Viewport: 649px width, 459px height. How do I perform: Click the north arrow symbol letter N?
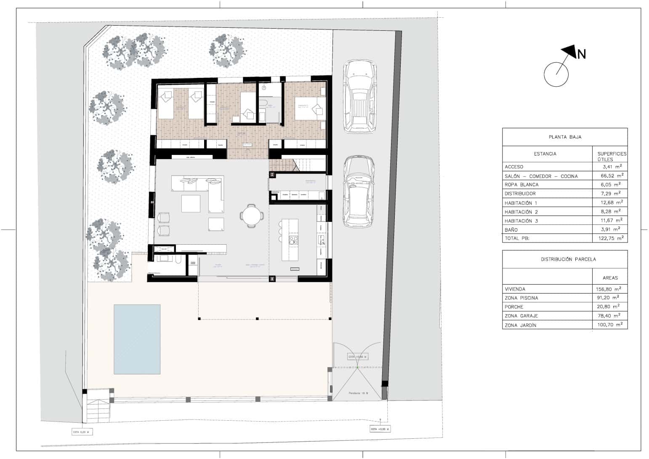point(581,54)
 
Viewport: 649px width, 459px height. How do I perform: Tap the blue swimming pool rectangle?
point(137,339)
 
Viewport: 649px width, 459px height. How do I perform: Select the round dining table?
point(252,216)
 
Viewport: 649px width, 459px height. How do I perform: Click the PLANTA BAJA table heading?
point(565,137)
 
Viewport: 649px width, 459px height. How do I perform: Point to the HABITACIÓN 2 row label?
point(521,212)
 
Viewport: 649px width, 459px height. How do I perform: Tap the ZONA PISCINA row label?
point(521,298)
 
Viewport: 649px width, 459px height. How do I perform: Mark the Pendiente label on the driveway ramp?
point(358,394)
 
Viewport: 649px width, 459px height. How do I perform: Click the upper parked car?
point(360,96)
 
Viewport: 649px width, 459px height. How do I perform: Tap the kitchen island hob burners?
point(293,240)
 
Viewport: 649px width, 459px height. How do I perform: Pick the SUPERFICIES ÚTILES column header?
point(612,156)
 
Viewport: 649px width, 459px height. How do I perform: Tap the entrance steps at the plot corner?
point(98,411)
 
